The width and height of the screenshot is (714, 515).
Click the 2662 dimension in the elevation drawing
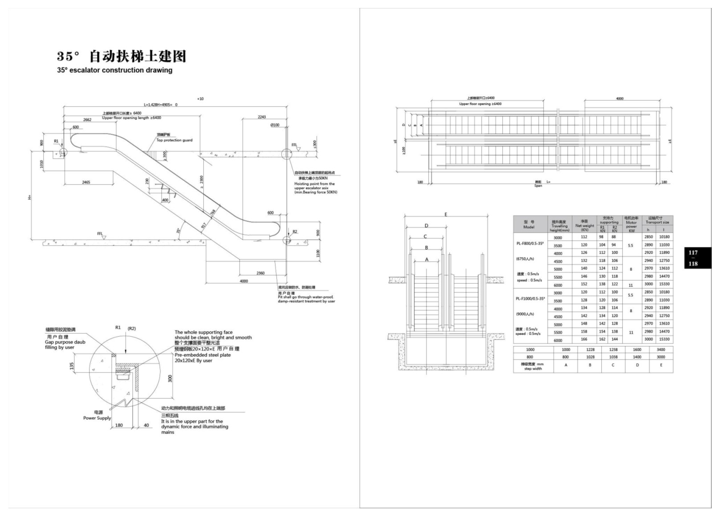click(x=87, y=119)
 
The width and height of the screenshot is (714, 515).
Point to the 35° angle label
click(x=178, y=231)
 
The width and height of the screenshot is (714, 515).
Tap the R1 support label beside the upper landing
click(x=56, y=141)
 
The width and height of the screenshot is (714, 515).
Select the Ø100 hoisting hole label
click(x=275, y=125)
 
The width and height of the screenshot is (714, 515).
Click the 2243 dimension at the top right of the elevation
click(x=262, y=117)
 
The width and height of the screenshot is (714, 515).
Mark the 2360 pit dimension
click(x=260, y=273)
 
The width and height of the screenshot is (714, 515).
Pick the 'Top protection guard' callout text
click(x=174, y=140)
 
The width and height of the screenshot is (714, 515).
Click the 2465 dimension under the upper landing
click(x=86, y=182)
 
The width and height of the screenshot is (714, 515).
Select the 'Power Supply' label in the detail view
click(x=97, y=418)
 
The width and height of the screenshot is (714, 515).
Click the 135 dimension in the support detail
click(x=71, y=366)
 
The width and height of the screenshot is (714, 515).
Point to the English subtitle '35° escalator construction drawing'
click(x=115, y=70)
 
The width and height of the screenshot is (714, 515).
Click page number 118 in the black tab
click(x=693, y=264)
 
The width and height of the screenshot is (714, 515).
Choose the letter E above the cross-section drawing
click(x=446, y=215)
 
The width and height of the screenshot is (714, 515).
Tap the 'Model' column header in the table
click(x=529, y=227)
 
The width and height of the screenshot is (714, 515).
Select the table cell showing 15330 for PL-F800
click(x=664, y=284)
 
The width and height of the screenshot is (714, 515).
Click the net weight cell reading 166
click(x=584, y=339)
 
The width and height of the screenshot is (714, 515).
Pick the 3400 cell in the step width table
click(x=661, y=350)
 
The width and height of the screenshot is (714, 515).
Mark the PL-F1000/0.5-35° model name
click(x=530, y=298)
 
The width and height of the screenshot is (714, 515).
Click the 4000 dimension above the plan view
click(x=620, y=98)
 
